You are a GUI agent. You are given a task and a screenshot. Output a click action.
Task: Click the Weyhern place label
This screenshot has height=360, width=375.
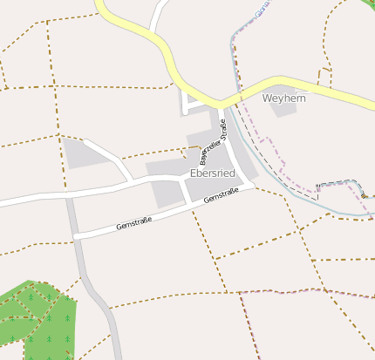click(x=284, y=98)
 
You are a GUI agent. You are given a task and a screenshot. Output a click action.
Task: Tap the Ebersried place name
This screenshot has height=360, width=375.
click(x=212, y=173)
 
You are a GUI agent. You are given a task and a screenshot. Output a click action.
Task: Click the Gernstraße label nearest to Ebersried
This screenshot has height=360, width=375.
click(x=221, y=198)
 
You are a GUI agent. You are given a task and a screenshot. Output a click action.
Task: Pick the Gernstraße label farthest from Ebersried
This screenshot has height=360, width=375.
click(x=133, y=224)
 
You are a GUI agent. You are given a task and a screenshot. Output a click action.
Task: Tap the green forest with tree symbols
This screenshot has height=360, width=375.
click(x=39, y=318)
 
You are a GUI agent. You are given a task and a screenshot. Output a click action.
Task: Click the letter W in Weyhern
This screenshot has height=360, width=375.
click(x=267, y=98)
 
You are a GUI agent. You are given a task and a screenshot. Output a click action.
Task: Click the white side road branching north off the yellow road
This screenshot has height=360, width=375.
click(x=158, y=17)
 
